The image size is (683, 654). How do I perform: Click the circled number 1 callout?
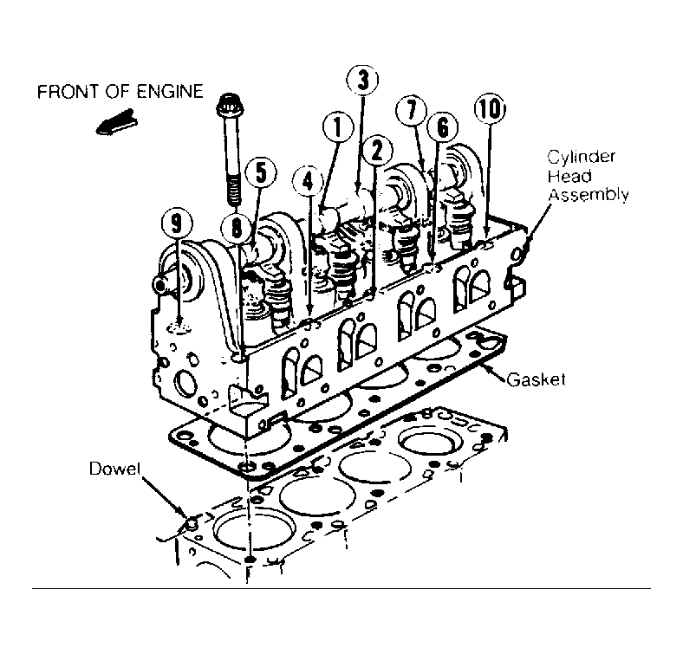pos(338,127)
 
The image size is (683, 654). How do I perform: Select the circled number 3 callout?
pos(362,80)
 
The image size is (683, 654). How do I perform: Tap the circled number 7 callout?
pos(412,109)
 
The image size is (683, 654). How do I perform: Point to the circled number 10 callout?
pos(490,108)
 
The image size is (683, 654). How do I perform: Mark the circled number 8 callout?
pos(236,227)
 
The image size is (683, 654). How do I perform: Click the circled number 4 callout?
pos(309,180)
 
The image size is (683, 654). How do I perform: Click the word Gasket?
pos(537,379)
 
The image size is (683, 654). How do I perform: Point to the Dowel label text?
pos(115,469)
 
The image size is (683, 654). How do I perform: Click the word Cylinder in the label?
pos(582,158)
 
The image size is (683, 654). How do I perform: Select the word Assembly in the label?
pos(589,195)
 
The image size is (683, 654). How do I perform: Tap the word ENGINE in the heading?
pos(170,92)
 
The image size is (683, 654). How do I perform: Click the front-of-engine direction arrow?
pos(116,122)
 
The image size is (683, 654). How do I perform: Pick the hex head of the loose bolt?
pos(228,105)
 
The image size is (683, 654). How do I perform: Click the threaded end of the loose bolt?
pos(233,191)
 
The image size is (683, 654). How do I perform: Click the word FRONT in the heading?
pos(61,92)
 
